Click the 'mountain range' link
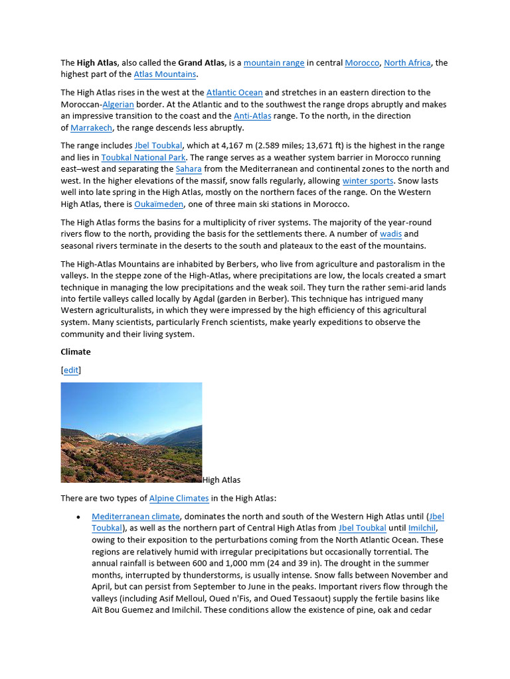pyautogui.click(x=274, y=63)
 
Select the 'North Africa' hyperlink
pyautogui.click(x=407, y=63)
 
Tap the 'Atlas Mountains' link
pyautogui.click(x=165, y=75)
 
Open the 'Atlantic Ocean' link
pyautogui.click(x=234, y=93)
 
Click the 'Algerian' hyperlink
pyautogui.click(x=118, y=105)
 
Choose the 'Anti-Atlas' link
pyautogui.click(x=252, y=116)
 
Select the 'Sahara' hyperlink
pyautogui.click(x=188, y=169)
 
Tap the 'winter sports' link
pyautogui.click(x=368, y=181)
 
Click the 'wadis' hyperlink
pyautogui.click(x=390, y=234)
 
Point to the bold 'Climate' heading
pyautogui.click(x=76, y=352)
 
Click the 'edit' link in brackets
pyautogui.click(x=70, y=370)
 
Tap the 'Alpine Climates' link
pyautogui.click(x=179, y=498)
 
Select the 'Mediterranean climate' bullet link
pyautogui.click(x=135, y=517)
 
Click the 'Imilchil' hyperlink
pyautogui.click(x=422, y=528)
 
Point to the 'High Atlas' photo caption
pyautogui.click(x=222, y=479)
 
